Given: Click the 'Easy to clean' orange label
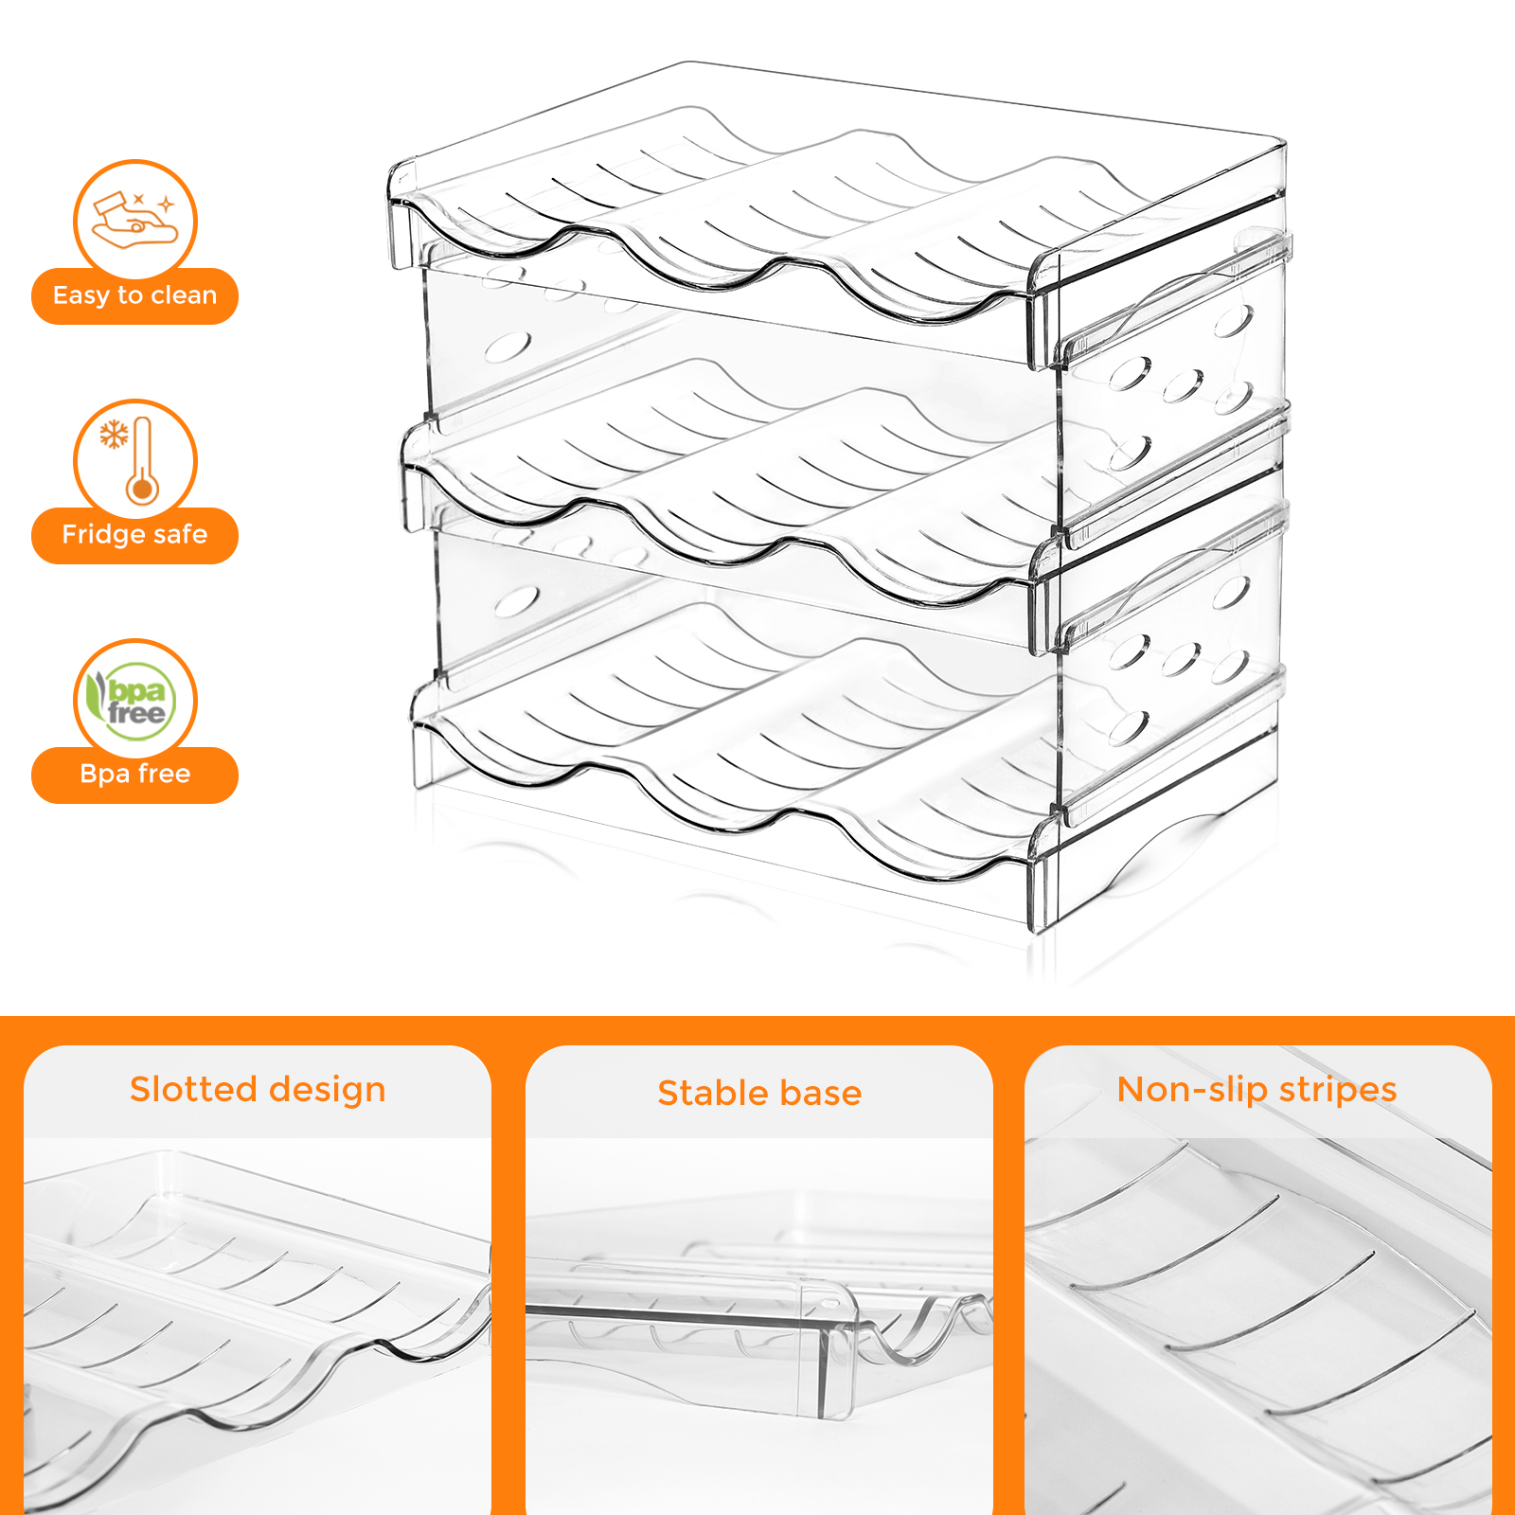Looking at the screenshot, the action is point(134,296).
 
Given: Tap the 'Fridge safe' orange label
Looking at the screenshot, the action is point(134,536).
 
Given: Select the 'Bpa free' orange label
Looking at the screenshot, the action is point(134,775).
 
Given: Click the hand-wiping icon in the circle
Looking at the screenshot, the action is point(134,221).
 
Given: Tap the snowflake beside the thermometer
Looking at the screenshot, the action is point(115,435).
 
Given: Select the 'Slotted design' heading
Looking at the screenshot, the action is point(258,1090).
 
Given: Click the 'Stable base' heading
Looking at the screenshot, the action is point(759,1093).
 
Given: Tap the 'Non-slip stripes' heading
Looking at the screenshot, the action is point(1257,1090).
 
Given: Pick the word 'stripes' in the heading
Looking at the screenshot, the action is point(1338,1091).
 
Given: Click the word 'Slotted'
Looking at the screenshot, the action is point(192,1089).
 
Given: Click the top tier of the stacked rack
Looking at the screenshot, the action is point(838,218).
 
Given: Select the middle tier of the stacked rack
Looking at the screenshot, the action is point(843,483).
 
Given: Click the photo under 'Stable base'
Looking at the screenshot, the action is point(759,1326).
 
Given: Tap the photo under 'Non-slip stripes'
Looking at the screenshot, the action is point(1258,1326).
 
